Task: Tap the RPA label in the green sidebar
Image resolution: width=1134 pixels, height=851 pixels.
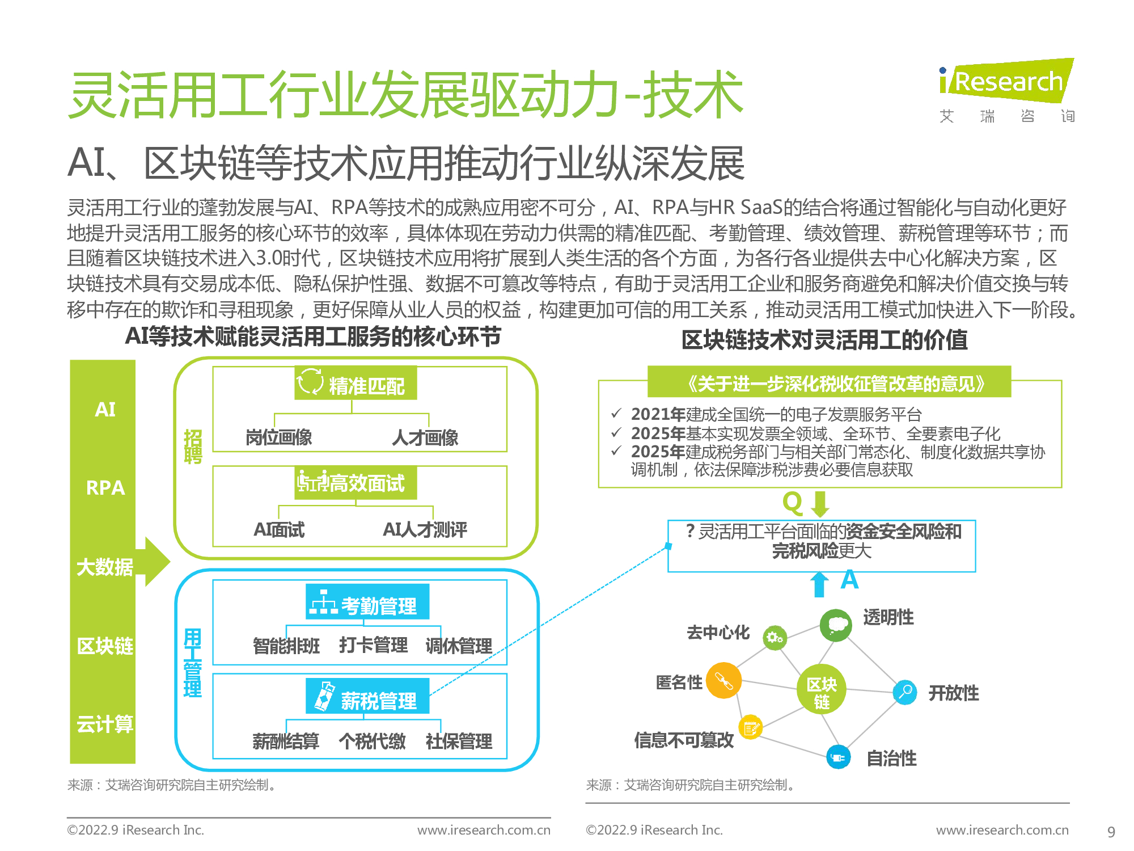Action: click(x=105, y=488)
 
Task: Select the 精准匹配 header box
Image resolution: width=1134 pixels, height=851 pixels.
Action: click(x=356, y=383)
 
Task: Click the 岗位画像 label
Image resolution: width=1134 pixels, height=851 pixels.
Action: click(x=279, y=437)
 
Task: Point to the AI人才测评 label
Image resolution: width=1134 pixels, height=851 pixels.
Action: click(x=425, y=529)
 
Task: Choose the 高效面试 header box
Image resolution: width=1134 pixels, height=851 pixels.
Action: click(x=356, y=483)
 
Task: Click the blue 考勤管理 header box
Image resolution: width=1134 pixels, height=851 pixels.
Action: click(x=367, y=601)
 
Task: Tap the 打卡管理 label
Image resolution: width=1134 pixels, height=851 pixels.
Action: click(x=373, y=645)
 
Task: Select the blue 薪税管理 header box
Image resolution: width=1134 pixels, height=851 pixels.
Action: click(x=367, y=696)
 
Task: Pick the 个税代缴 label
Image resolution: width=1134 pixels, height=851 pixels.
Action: click(x=373, y=741)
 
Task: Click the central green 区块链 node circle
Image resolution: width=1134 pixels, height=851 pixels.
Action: click(x=822, y=688)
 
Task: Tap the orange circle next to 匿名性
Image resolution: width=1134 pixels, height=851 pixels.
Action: click(x=723, y=680)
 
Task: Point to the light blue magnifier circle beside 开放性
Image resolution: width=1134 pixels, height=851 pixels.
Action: click(x=905, y=692)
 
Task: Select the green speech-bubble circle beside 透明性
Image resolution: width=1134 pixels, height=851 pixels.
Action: click(x=836, y=625)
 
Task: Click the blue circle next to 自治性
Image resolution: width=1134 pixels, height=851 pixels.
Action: click(x=838, y=757)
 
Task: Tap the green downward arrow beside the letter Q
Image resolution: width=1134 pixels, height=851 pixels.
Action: click(x=820, y=504)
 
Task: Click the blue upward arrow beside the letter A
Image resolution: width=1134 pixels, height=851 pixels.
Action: click(x=819, y=584)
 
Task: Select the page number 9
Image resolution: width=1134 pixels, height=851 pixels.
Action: click(x=1111, y=832)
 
